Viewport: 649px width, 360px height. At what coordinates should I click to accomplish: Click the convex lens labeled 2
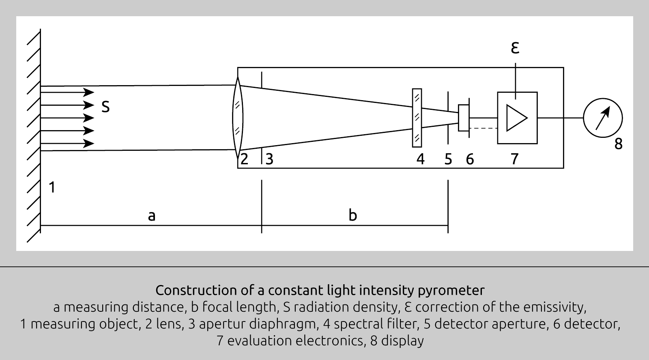238,118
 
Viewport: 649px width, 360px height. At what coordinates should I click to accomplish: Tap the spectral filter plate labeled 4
417,118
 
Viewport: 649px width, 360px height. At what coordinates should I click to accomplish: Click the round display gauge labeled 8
603,118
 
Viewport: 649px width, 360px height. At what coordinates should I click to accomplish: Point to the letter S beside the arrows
105,107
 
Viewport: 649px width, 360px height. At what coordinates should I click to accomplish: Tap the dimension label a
151,216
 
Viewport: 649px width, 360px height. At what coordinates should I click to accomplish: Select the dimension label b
352,215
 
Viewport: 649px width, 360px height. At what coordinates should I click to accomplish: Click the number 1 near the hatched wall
52,188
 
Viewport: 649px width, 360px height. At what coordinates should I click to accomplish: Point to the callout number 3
269,159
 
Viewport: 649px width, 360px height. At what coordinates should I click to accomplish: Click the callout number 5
448,159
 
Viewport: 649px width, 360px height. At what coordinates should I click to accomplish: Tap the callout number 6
470,159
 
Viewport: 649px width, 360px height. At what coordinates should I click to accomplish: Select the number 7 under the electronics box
514,159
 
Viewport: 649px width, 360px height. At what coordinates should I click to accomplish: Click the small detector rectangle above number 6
463,118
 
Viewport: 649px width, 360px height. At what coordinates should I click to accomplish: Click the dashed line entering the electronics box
484,129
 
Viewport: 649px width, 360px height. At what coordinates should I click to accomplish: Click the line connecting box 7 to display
560,118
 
